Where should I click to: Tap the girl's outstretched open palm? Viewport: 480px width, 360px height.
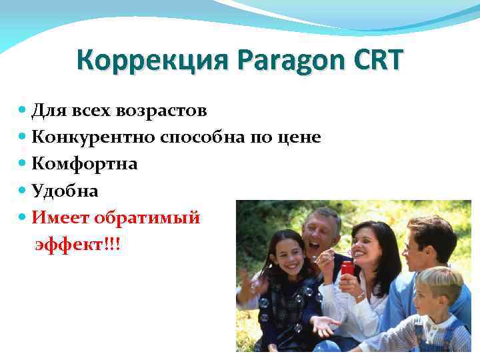click(324, 325)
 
